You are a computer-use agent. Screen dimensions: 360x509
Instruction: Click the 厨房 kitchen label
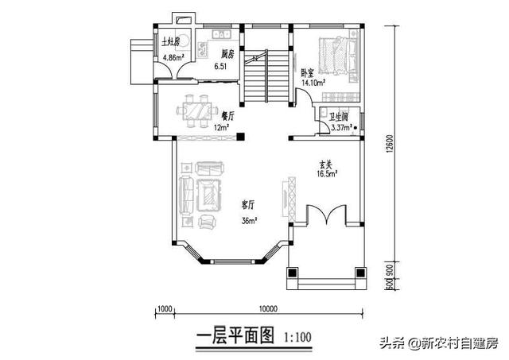227,55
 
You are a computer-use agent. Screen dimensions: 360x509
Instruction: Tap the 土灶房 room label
171,41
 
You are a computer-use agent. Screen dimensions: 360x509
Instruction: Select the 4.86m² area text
173,58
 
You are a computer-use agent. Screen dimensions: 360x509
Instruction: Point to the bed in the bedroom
336,55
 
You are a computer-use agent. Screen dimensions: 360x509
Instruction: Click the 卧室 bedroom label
308,72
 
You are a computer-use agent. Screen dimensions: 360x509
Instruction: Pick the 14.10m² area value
311,81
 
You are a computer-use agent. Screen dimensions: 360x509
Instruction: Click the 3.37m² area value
342,126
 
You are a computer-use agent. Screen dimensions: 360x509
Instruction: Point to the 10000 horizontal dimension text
267,308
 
